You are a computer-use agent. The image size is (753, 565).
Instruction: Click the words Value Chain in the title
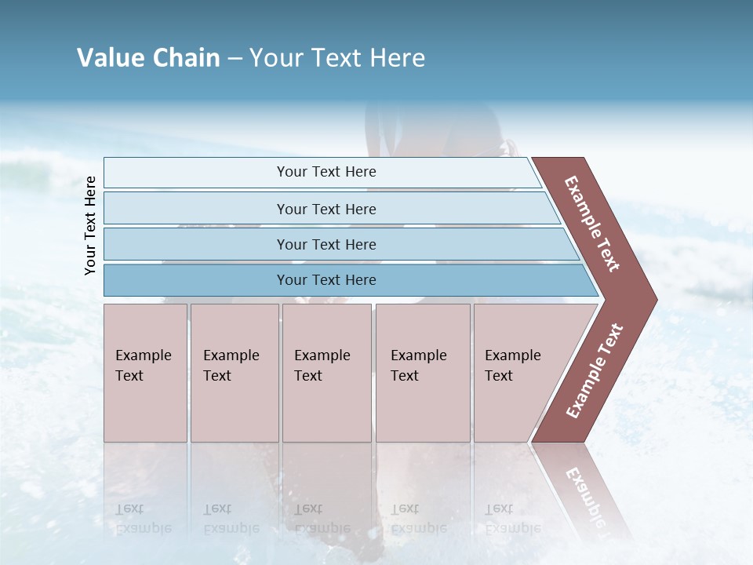coord(148,58)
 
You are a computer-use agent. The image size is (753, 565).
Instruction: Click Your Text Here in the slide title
coord(337,58)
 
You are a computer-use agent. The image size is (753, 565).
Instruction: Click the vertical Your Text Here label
coord(90,225)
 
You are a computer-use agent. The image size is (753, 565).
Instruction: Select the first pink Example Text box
coord(145,373)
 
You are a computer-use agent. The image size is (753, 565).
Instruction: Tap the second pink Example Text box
coord(235,373)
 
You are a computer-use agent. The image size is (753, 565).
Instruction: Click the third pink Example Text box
coord(326,373)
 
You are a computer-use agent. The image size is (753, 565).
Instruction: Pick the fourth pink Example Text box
coord(423,373)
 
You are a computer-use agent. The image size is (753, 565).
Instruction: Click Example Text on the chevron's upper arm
coord(592,224)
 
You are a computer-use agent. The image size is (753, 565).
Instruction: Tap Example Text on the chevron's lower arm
coord(595,371)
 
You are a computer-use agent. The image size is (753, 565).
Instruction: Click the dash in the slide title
coord(235,59)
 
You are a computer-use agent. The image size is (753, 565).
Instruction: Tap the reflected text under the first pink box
coord(143,519)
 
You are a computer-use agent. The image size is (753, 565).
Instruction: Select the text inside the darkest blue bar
coord(326,280)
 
